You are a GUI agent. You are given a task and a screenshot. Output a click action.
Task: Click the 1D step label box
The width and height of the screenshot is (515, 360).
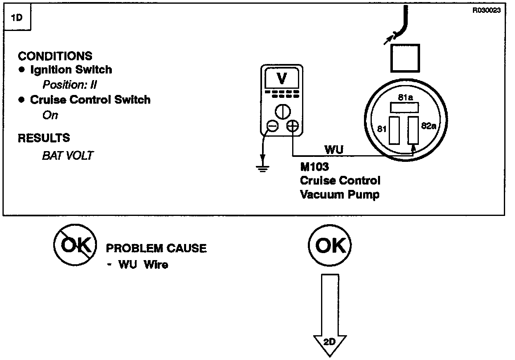[17, 17]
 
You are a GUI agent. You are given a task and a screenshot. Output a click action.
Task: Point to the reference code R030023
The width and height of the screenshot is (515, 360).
[487, 10]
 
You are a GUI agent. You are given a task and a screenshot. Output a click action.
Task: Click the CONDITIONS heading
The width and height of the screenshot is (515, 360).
[55, 56]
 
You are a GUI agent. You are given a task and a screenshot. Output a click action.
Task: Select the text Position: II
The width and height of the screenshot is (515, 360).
[70, 85]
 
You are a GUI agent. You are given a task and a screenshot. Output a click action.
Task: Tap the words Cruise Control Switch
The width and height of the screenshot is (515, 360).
[90, 99]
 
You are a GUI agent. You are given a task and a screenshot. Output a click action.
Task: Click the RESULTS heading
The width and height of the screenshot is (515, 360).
[44, 138]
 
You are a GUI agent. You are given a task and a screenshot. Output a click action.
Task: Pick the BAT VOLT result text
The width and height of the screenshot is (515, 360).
[68, 156]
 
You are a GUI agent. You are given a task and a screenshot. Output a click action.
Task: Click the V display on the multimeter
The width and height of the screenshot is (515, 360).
[282, 78]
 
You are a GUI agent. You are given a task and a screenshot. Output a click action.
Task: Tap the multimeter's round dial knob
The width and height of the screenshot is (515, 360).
[283, 112]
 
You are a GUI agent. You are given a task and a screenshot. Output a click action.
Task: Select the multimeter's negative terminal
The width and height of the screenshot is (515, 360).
[272, 126]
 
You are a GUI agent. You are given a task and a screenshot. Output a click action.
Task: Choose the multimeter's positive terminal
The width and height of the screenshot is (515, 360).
[293, 126]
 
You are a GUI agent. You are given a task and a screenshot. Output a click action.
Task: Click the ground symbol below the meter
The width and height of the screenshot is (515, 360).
[262, 169]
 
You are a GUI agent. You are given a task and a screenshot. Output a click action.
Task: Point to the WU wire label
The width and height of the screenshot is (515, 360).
[334, 150]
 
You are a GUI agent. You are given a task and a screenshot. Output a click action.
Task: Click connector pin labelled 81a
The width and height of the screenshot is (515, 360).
[404, 108]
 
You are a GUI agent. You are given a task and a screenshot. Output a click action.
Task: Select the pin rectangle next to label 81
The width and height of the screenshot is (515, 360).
[394, 130]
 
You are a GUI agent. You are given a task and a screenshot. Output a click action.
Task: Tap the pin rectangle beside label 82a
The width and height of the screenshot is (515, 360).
[413, 130]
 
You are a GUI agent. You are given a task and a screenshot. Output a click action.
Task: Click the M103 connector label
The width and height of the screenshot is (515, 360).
[314, 167]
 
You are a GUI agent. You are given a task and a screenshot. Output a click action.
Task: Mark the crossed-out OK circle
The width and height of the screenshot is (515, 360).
[75, 245]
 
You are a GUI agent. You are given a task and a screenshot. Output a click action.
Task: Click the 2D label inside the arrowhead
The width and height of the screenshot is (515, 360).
[330, 342]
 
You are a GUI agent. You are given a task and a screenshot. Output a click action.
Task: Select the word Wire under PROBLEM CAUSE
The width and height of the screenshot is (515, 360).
[156, 265]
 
